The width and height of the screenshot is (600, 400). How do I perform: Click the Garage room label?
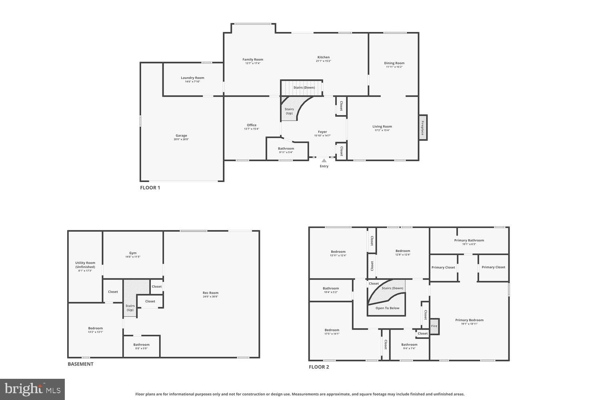(x=181, y=136)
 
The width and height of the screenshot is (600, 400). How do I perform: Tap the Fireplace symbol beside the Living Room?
(x=422, y=128)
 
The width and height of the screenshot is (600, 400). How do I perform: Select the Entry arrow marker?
(x=324, y=161)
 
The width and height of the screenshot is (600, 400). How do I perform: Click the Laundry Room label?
(x=192, y=78)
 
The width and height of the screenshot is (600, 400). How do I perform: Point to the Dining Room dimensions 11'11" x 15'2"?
(x=394, y=67)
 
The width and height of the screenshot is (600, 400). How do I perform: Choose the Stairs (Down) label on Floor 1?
(x=304, y=88)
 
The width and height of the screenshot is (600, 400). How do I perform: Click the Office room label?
(x=252, y=125)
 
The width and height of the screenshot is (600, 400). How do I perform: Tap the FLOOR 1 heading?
(x=150, y=188)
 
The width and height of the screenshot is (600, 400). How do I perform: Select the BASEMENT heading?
(x=80, y=364)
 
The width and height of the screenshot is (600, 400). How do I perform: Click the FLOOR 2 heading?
(x=319, y=367)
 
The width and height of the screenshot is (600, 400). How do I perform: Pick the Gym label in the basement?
(x=133, y=253)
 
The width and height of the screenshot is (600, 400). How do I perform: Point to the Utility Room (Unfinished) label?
(x=85, y=265)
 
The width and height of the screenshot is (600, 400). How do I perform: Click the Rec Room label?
(x=210, y=293)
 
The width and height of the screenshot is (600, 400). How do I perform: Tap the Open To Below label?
(x=387, y=308)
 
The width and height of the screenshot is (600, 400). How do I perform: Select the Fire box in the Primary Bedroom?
(x=434, y=326)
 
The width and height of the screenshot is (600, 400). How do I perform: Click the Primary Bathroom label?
(x=469, y=240)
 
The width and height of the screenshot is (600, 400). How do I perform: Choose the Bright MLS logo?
(x=32, y=389)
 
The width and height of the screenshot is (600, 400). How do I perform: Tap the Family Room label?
(x=253, y=60)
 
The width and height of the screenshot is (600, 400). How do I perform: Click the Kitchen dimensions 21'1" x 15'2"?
(x=324, y=61)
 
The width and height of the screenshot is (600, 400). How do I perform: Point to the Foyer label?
(x=322, y=132)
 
